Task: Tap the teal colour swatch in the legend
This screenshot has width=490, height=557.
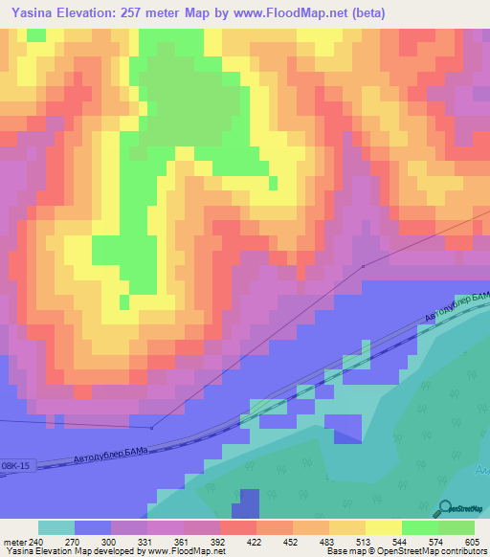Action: tap(56, 527)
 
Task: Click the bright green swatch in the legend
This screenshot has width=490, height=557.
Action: tap(419, 527)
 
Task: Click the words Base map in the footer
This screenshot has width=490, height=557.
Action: tap(344, 551)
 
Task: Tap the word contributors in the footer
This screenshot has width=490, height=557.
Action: tap(461, 551)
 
